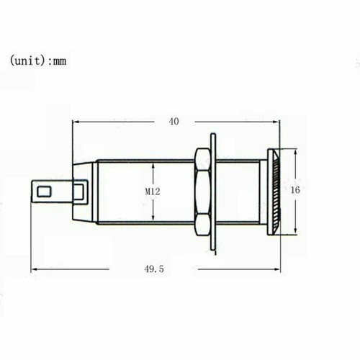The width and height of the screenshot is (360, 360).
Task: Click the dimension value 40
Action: coord(174,122)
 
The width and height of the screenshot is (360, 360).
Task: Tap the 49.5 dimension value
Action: coord(154,269)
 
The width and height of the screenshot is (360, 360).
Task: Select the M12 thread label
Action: coord(153,192)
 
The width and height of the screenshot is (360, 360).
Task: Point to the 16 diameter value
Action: coord(295,190)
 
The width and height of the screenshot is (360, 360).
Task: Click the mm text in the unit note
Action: coord(59,62)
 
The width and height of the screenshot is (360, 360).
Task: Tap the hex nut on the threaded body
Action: coord(202,192)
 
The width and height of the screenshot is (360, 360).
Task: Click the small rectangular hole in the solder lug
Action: coord(44,192)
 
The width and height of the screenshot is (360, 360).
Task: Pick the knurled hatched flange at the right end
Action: coord(274,192)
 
